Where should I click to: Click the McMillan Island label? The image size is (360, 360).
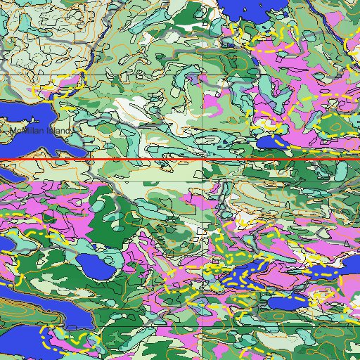pos(41,131)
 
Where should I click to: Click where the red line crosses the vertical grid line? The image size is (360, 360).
pos(204,160)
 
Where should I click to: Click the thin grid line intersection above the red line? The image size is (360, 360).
pos(204,74)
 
